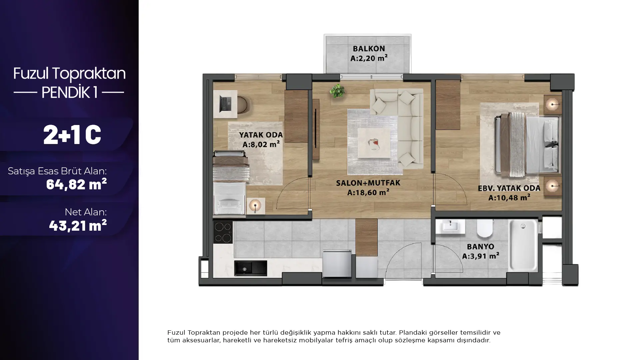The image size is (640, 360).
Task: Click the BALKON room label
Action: click(369, 49)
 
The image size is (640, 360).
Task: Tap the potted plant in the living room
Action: click(337, 91)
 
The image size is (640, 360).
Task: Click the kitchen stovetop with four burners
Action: click(223, 232)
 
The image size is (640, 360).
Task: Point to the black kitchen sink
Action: click(250, 268)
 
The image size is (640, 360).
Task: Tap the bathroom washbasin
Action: click(450, 227)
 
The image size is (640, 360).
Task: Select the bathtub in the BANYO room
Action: click(523, 246)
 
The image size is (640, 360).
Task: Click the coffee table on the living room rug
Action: click(374, 143)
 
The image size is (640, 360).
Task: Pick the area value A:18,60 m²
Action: click(368, 192)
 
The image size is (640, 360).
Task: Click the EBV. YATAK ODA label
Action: click(509, 188)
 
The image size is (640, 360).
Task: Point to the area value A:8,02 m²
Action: click(261, 144)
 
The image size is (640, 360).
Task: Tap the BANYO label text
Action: click(480, 247)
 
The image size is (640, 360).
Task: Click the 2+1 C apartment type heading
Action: click(72, 135)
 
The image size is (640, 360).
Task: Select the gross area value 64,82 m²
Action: click(76, 184)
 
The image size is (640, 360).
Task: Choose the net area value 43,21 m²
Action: click(78, 225)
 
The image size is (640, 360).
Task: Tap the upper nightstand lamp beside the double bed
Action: click(553, 105)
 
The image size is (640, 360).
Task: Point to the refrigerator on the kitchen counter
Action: click(337, 263)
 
